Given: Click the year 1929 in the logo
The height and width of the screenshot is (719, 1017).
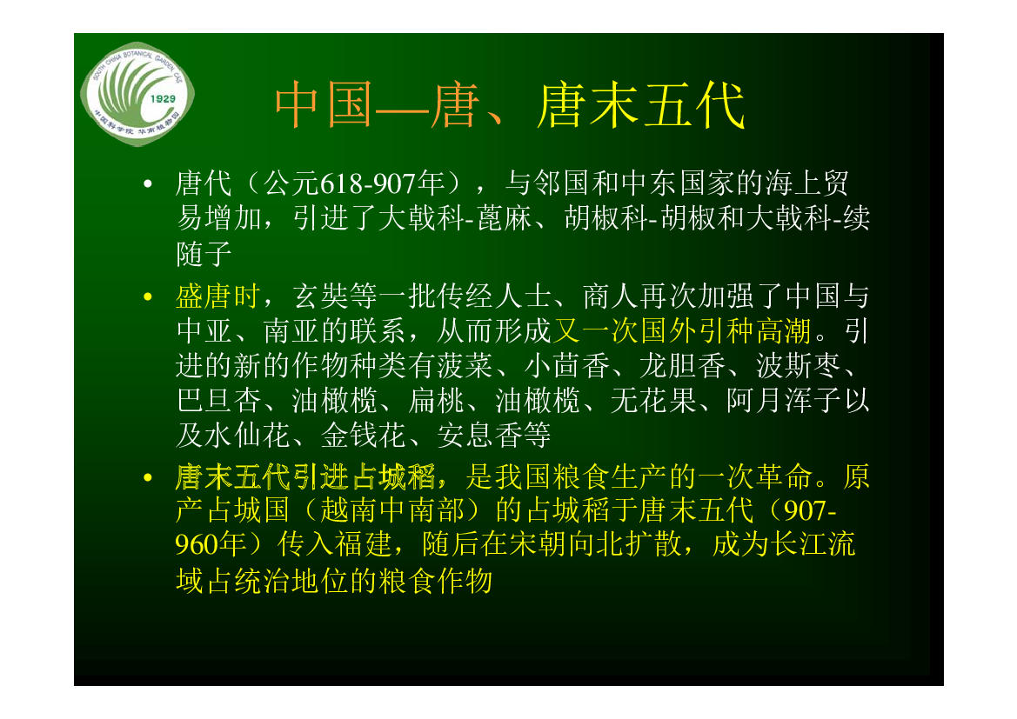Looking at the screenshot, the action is coord(163,98).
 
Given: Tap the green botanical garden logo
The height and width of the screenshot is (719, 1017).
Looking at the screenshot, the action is coord(137,93).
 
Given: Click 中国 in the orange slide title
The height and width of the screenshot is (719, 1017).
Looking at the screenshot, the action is coord(324,105).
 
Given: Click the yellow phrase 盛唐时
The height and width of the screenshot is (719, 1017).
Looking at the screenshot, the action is coord(217,296).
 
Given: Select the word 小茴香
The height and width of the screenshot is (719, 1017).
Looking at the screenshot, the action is coord(567,366).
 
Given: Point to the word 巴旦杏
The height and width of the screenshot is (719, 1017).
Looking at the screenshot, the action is coord(217,401).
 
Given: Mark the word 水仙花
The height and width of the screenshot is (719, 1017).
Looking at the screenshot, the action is coord(246,435).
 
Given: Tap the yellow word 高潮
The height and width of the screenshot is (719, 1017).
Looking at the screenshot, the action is coord(784,330).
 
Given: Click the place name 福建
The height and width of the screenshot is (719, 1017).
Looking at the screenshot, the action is coord(364,544).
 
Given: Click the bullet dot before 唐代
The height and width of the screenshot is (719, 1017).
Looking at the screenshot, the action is coord(148,184).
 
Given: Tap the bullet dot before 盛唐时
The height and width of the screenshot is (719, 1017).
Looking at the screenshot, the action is coord(148,297).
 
